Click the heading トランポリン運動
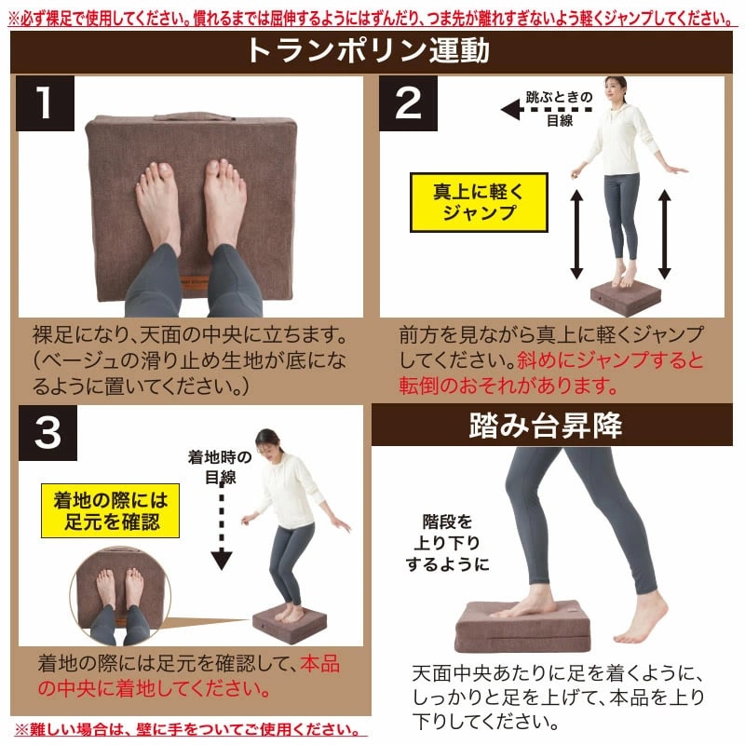click(x=368, y=51)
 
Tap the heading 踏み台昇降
click(x=545, y=426)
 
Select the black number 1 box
click(x=45, y=103)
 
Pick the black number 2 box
click(x=408, y=103)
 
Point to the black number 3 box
click(x=47, y=433)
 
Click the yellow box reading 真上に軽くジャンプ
click(x=479, y=202)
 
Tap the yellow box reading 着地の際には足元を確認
click(x=110, y=510)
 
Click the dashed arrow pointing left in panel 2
click(x=547, y=110)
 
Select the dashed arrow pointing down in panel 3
click(x=222, y=526)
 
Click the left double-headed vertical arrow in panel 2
click(x=576, y=235)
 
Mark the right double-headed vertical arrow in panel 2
click(x=665, y=235)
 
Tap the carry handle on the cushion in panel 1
click(x=195, y=117)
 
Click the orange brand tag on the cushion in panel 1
click(x=195, y=280)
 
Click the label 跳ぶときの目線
click(x=560, y=109)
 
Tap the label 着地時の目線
click(x=220, y=467)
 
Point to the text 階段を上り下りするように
click(x=447, y=543)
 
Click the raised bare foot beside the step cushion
click(x=643, y=619)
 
